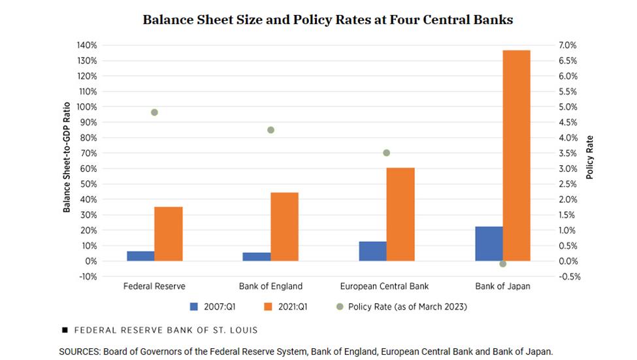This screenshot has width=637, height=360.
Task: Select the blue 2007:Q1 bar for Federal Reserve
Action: coord(140,256)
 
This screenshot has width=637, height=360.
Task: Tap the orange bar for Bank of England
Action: coord(284,227)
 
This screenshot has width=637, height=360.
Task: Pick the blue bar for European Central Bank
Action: coord(372,252)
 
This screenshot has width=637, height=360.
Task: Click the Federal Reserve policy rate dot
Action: coord(154,112)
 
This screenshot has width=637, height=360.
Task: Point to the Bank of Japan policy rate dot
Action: coord(502,263)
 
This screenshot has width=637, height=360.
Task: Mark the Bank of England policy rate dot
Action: coord(270,130)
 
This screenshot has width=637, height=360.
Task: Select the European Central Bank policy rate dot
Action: coord(386,153)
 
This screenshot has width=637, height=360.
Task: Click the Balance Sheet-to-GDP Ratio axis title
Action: coord(67,160)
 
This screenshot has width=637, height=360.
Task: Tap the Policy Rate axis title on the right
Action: coord(589,157)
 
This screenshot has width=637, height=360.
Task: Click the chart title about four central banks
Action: coord(328,20)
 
